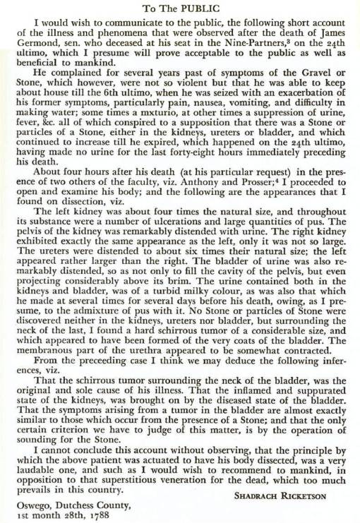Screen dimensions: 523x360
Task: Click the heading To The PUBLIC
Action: tap(179, 8)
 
